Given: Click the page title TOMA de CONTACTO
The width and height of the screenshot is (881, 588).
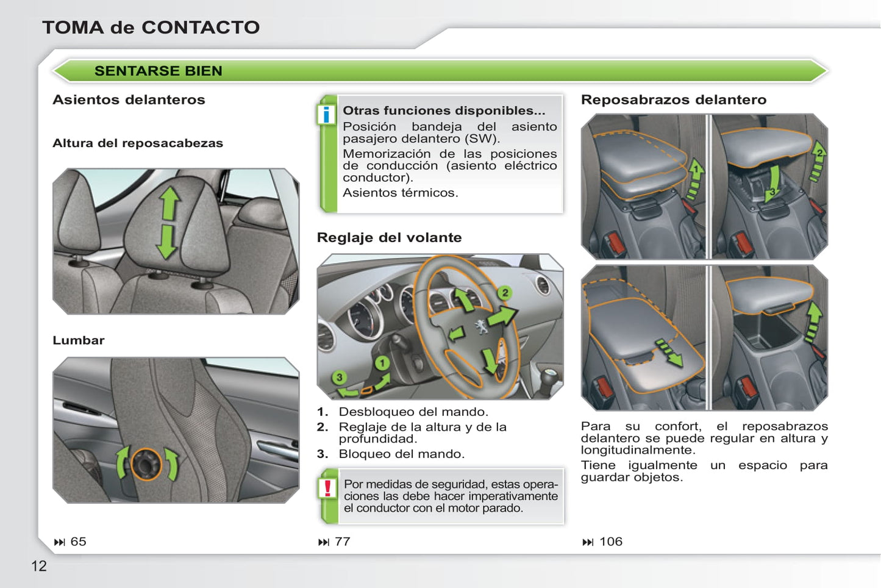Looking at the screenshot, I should click(x=151, y=27).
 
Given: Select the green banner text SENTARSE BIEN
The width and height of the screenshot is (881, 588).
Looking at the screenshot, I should click(x=158, y=71).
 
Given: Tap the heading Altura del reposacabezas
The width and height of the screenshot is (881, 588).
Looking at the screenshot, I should click(x=138, y=143).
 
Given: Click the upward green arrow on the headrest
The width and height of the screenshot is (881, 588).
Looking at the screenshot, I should click(x=169, y=203).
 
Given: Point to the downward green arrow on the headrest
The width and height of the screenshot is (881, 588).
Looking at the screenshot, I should click(x=166, y=242).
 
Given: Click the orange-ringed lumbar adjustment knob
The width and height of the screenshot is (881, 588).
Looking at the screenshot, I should click(x=146, y=464).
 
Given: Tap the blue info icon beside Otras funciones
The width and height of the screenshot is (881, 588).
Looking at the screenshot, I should click(x=327, y=114).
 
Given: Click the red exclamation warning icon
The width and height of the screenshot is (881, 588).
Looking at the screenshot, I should click(x=327, y=488).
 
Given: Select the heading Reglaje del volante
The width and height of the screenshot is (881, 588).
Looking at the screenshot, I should click(x=389, y=237).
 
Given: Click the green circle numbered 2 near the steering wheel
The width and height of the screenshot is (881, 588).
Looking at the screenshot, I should click(x=505, y=293).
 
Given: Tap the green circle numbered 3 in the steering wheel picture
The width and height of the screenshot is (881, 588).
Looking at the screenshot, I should click(x=340, y=378).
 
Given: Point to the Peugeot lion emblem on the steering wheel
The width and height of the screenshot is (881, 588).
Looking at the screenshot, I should click(x=481, y=328).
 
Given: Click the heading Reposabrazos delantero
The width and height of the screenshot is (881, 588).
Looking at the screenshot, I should click(x=673, y=100).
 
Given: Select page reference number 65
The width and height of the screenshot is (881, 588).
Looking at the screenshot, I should click(x=78, y=542).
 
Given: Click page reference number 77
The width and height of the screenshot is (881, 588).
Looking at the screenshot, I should click(x=342, y=542).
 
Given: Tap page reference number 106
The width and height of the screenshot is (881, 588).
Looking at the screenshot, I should click(x=610, y=542).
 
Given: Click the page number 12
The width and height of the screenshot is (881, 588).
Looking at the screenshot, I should click(x=38, y=566).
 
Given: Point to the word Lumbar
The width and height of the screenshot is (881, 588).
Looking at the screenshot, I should click(x=78, y=340).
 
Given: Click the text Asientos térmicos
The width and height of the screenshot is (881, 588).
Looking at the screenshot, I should click(x=400, y=193).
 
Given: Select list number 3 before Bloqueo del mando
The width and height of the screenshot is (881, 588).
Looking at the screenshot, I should click(x=322, y=454).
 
